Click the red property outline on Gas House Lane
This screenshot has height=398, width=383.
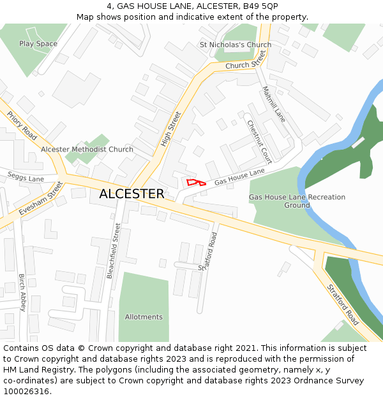click(196, 183)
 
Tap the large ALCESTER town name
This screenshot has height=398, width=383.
click(131, 194)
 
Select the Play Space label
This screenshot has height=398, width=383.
click(38, 44)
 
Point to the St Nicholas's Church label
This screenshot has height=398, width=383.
click(236, 45)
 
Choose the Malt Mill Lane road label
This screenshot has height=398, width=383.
click(274, 104)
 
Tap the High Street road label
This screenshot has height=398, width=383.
click(171, 129)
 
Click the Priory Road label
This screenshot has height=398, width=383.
click(22, 125)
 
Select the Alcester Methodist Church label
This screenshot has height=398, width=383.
click(87, 150)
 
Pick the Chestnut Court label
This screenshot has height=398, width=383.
click(260, 141)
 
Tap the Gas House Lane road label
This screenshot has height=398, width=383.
click(239, 177)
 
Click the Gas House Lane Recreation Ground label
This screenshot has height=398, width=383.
click(297, 201)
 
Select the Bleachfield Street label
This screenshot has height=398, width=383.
click(114, 250)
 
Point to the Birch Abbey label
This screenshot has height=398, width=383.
click(22, 292)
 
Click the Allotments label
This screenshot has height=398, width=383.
click(144, 317)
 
